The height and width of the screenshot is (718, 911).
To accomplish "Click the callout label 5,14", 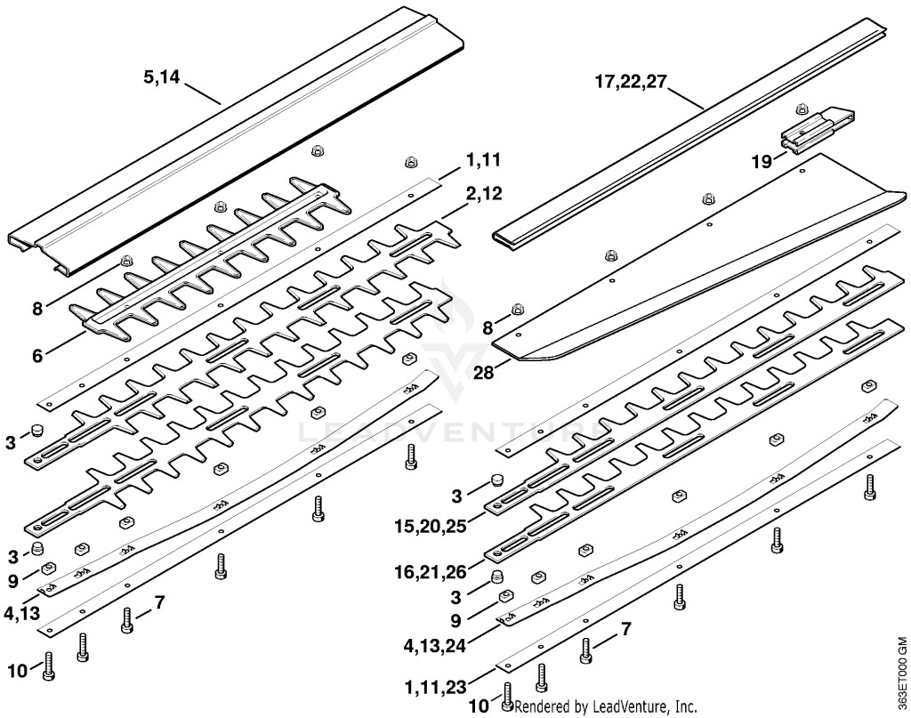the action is click(162, 77).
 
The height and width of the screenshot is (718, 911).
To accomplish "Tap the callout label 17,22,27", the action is click(630, 81).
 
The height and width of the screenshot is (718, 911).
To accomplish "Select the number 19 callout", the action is click(762, 162).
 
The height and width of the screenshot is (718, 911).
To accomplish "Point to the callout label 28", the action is click(484, 372).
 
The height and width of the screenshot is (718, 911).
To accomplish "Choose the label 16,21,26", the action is click(431, 572).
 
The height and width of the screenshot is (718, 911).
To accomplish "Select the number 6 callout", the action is click(37, 356).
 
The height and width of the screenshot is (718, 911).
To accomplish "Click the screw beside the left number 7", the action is click(127, 620).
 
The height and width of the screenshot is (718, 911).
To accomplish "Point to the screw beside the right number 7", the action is click(585, 649).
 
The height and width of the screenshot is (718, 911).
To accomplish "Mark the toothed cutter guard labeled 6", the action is click(210, 258).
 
